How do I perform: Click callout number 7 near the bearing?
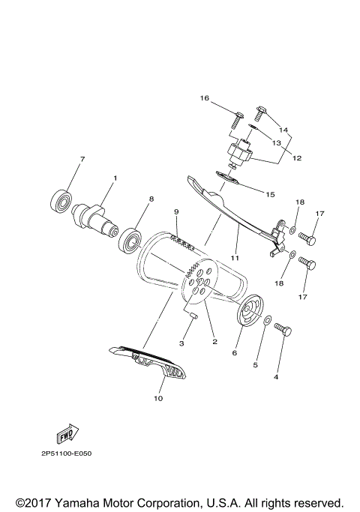coord(82,159)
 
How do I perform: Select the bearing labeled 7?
coord(61,200)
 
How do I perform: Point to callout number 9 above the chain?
coord(177,212)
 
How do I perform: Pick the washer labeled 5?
coord(268,322)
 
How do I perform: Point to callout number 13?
coord(276,142)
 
